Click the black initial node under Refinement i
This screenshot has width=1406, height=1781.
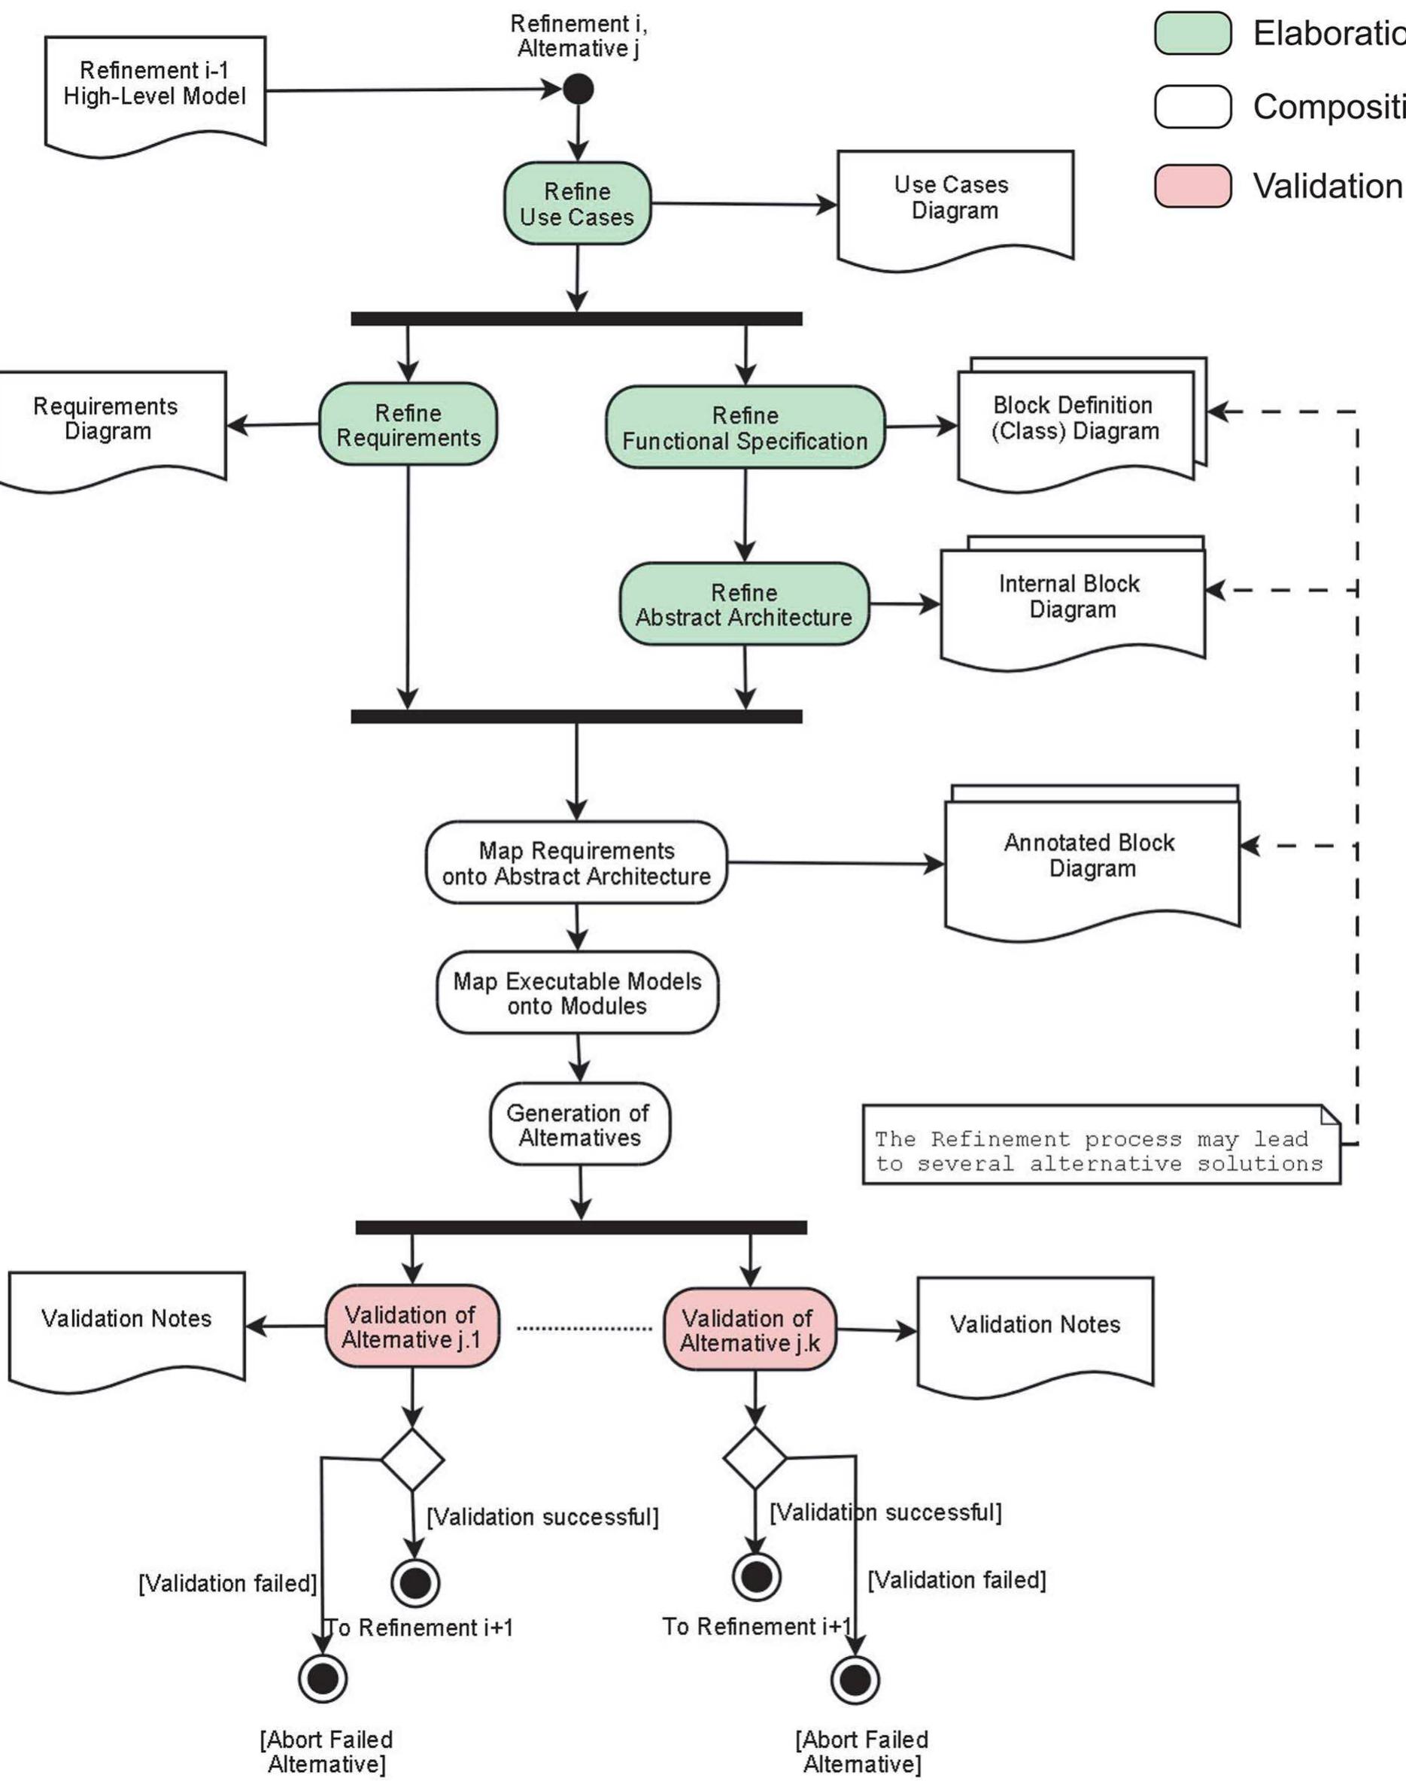(578, 89)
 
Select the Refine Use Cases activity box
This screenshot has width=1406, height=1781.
(577, 204)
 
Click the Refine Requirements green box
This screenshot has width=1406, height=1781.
(408, 425)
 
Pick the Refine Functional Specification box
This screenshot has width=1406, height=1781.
(745, 428)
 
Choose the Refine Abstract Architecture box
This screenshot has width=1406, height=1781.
(744, 604)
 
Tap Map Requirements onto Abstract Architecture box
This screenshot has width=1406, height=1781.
(576, 863)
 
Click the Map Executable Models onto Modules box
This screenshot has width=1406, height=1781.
(577, 993)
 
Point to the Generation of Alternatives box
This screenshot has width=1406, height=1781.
(579, 1125)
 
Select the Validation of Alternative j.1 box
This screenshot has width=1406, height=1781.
(411, 1327)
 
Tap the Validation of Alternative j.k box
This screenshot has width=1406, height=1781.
(750, 1330)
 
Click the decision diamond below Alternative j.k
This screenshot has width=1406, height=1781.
(755, 1458)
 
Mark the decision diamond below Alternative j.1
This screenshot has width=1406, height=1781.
(412, 1460)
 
